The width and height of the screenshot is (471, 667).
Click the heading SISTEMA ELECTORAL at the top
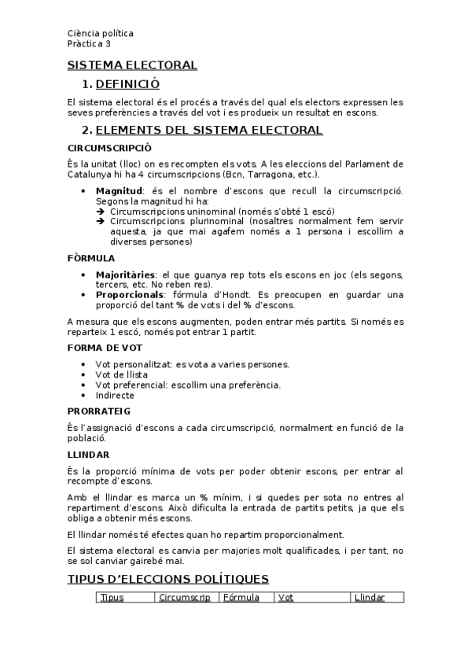(x=132, y=64)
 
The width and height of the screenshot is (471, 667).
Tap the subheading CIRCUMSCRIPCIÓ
(x=110, y=147)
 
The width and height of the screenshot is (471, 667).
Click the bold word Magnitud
(x=120, y=191)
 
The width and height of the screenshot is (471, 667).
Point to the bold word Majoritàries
(x=126, y=274)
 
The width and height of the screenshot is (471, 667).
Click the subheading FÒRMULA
(x=91, y=257)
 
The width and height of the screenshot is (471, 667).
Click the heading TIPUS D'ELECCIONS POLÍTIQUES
(x=167, y=579)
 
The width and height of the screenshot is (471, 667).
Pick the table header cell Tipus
(x=112, y=598)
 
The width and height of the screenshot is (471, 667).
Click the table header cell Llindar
(x=370, y=598)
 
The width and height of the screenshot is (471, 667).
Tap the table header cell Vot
(x=285, y=598)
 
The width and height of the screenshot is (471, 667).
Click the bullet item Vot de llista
(x=121, y=374)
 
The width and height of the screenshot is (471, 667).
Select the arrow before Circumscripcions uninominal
(x=101, y=212)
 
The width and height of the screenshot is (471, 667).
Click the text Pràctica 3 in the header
(x=89, y=44)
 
